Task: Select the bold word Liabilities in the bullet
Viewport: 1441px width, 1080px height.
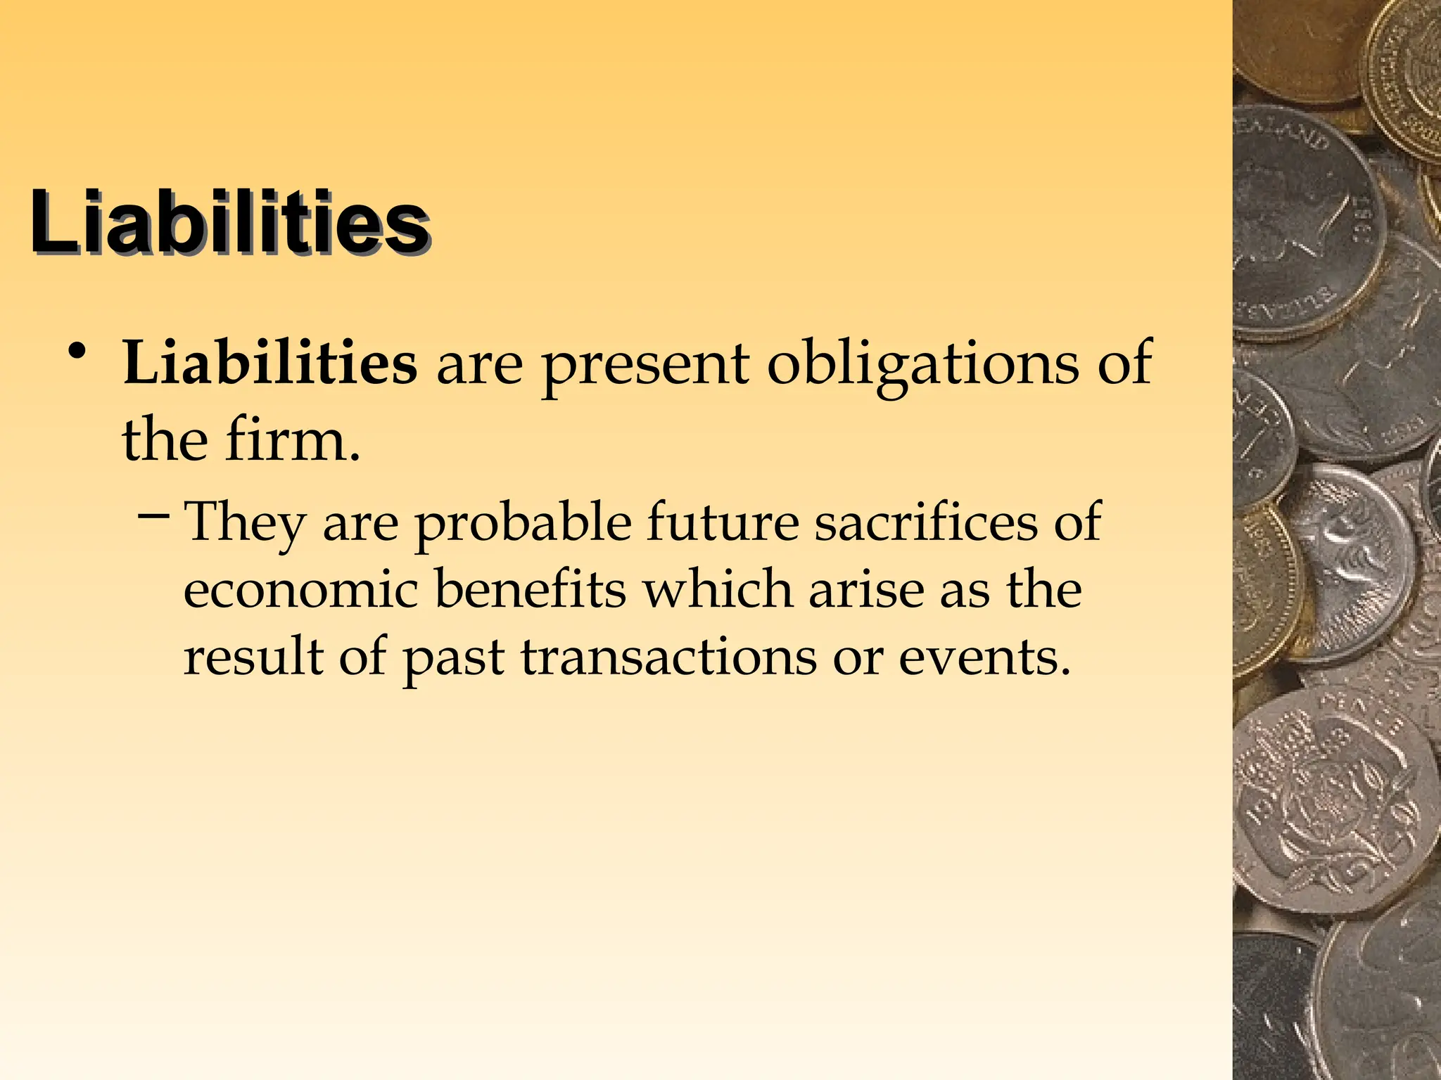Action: [x=270, y=363]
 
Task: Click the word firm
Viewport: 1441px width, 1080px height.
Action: [x=293, y=440]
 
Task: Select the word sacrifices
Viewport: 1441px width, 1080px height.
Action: [x=926, y=522]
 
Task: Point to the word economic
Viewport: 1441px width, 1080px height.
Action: [x=301, y=589]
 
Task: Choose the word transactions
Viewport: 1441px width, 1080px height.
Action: [x=669, y=657]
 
